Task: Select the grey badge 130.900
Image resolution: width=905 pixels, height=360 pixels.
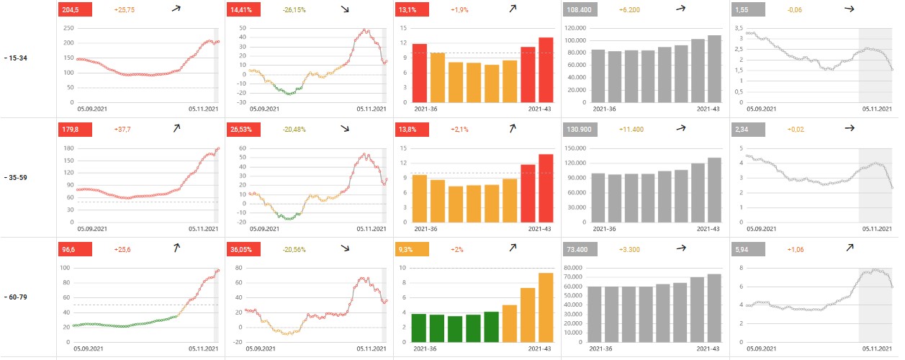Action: pos(580,129)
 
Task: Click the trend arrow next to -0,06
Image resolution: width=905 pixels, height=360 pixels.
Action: pos(850,9)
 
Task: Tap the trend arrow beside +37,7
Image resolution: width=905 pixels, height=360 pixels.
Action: pos(176,129)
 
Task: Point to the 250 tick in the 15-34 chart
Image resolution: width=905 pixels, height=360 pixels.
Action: pos(69,27)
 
